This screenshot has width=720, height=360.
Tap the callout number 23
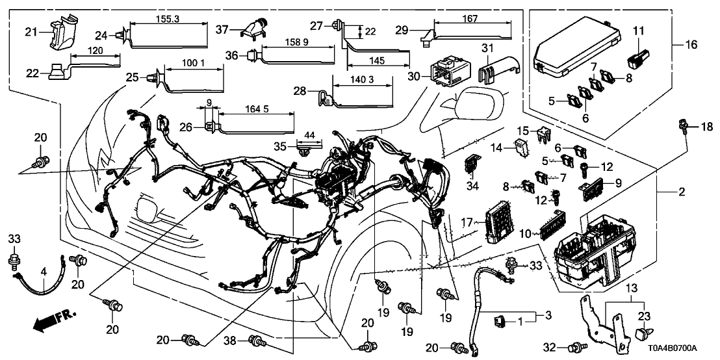coord(644,317)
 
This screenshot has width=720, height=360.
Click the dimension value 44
coord(309,135)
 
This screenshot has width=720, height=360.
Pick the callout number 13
coord(632,287)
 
